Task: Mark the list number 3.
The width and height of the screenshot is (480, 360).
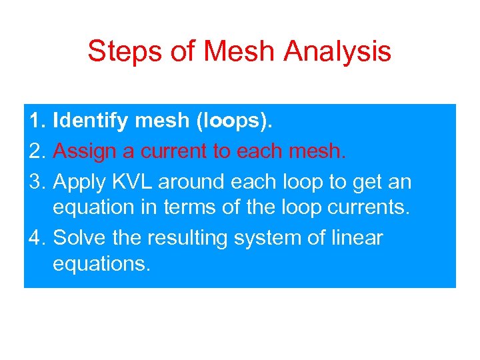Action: click(x=37, y=181)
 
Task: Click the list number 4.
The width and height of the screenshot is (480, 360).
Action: click(x=37, y=237)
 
